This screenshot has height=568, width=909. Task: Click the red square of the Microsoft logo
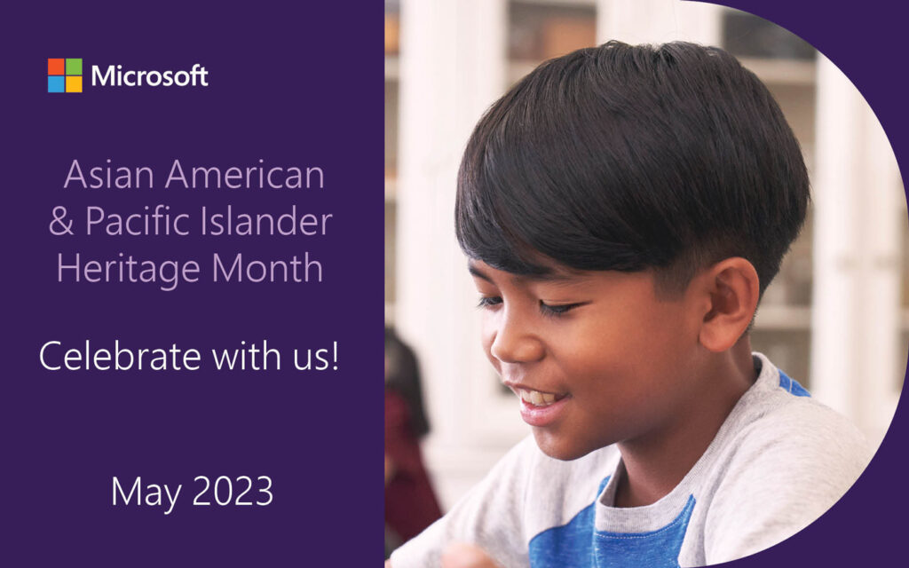pos(56,66)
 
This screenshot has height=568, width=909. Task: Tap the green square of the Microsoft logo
pos(75,66)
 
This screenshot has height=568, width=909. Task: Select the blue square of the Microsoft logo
pos(56,84)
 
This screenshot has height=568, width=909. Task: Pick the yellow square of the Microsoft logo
pos(75,84)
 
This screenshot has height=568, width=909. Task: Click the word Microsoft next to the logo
pos(149,76)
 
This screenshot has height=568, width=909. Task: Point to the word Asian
pos(109,174)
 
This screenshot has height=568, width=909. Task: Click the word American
pos(245,174)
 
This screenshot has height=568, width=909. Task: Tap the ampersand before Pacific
pos(61,221)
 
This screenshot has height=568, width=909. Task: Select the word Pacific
pos(138,220)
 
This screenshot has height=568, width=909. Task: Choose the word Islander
pos(266,220)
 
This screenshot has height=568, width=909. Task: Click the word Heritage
pos(130,269)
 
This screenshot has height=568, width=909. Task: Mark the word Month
pos(267,267)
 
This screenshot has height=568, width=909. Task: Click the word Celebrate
pos(120,356)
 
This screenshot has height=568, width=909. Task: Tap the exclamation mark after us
pos(335,356)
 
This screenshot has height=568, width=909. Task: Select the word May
pos(146,493)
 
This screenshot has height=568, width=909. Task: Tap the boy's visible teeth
pos(539,398)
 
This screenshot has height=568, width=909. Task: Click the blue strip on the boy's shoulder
pos(792,384)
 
